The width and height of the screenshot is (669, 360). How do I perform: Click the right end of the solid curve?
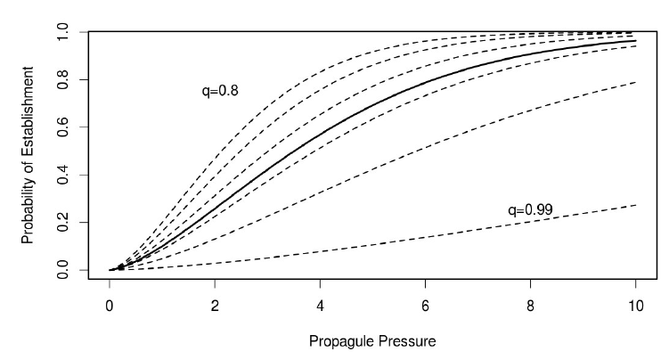pos(635,41)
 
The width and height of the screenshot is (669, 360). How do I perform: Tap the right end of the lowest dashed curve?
pos(635,205)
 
